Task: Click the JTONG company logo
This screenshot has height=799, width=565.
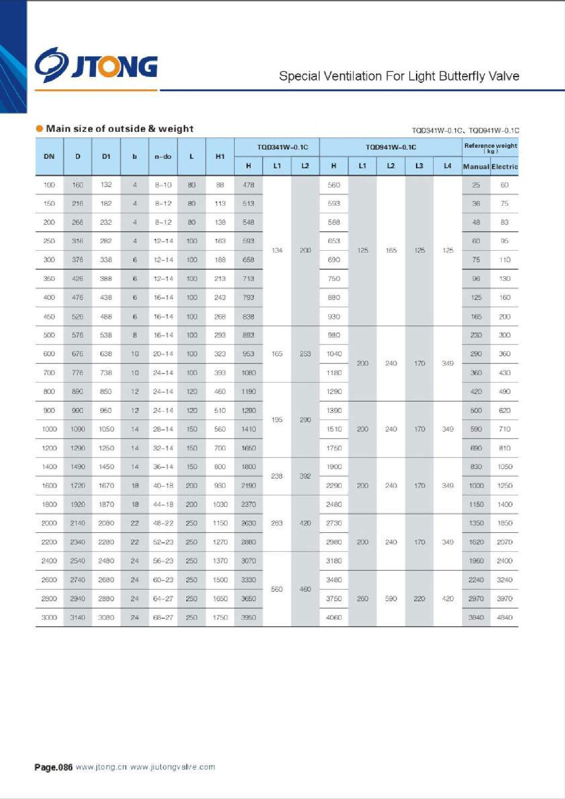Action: pos(96,65)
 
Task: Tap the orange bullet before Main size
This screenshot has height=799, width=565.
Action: pos(39,129)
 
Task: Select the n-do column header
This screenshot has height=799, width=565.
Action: pos(163,157)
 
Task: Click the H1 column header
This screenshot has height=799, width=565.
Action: pos(220,157)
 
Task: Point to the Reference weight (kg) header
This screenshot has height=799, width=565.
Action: pos(490,147)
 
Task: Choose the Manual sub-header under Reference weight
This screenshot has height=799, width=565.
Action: pos(476,167)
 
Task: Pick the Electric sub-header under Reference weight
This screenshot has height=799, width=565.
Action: pos(505,167)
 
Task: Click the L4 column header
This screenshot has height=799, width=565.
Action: pos(448,166)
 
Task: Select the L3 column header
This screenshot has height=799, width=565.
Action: pos(419,166)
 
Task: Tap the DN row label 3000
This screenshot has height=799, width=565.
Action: pos(49,618)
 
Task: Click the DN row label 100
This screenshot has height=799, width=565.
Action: pos(49,185)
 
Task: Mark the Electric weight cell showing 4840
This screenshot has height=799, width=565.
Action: pos(505,618)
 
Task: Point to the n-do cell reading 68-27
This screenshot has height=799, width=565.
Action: pos(163,618)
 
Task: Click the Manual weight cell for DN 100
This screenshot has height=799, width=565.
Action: pos(476,185)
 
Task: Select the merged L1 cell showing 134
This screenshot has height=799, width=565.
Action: pos(277,250)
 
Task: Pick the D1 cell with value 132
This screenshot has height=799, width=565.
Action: pos(106,185)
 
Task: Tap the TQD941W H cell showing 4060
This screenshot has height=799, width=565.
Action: pos(334,618)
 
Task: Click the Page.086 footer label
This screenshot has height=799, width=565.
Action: pos(53,768)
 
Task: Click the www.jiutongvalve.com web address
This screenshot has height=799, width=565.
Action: pos(173,767)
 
